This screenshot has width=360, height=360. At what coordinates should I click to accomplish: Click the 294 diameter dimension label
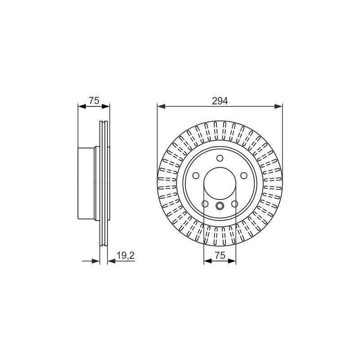pos(220,101)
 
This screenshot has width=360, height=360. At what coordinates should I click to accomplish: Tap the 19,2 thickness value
pos(126,256)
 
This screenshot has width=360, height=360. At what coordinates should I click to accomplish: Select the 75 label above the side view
pos(94,100)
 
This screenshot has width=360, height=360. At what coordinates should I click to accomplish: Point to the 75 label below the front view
pos(220,255)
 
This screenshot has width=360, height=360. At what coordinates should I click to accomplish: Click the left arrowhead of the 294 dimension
pos(161,106)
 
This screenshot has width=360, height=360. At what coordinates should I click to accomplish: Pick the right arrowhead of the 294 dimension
pos(279,106)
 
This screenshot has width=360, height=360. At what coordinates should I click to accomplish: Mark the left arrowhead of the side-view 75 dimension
pos(82,106)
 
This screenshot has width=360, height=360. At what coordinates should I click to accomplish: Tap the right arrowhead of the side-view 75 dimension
pos(106,106)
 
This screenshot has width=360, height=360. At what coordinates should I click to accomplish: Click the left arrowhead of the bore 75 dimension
pos(208,261)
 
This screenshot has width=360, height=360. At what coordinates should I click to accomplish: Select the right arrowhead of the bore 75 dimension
pos(232,261)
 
